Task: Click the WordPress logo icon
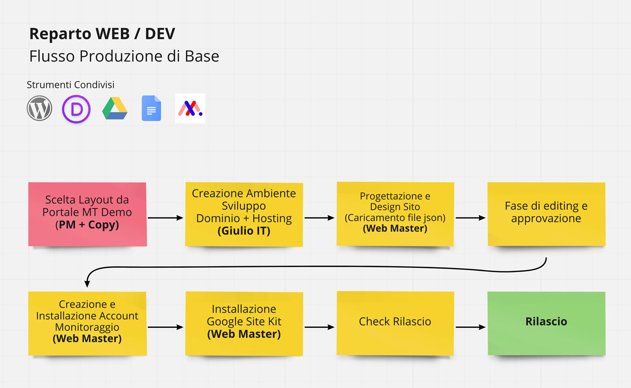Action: [39, 108]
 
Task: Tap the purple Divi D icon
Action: [77, 109]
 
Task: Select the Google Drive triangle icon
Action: [115, 108]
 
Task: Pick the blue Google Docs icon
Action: [151, 108]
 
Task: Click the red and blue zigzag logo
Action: [190, 108]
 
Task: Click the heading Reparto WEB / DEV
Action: [102, 34]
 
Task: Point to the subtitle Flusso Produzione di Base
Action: [124, 56]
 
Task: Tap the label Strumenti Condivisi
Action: [70, 85]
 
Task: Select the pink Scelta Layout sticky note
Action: [87, 214]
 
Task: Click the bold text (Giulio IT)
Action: [244, 231]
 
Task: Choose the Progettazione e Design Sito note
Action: [395, 214]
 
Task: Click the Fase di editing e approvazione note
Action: [546, 214]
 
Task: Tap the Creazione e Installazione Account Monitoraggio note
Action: [87, 323]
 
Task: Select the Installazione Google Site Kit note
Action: [244, 323]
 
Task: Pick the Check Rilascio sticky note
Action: [395, 321]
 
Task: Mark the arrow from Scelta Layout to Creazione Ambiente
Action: [165, 218]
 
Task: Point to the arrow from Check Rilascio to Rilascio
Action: [470, 327]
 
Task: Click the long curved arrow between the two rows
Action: [315, 267]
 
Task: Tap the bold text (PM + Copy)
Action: [87, 225]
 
